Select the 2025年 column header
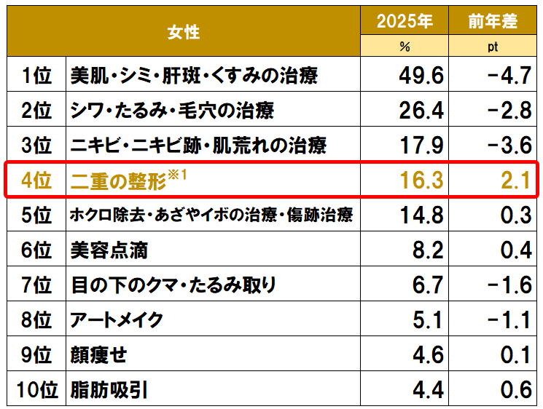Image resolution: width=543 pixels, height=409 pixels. coord(405,22)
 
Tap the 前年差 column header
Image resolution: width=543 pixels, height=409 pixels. coord(493,22)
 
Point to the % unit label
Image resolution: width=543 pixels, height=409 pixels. coord(405,47)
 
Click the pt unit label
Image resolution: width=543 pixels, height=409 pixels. coord(493,47)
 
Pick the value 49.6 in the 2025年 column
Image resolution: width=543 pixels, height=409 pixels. coord(421,75)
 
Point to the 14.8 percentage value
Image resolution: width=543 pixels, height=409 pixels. coord(421,215)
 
